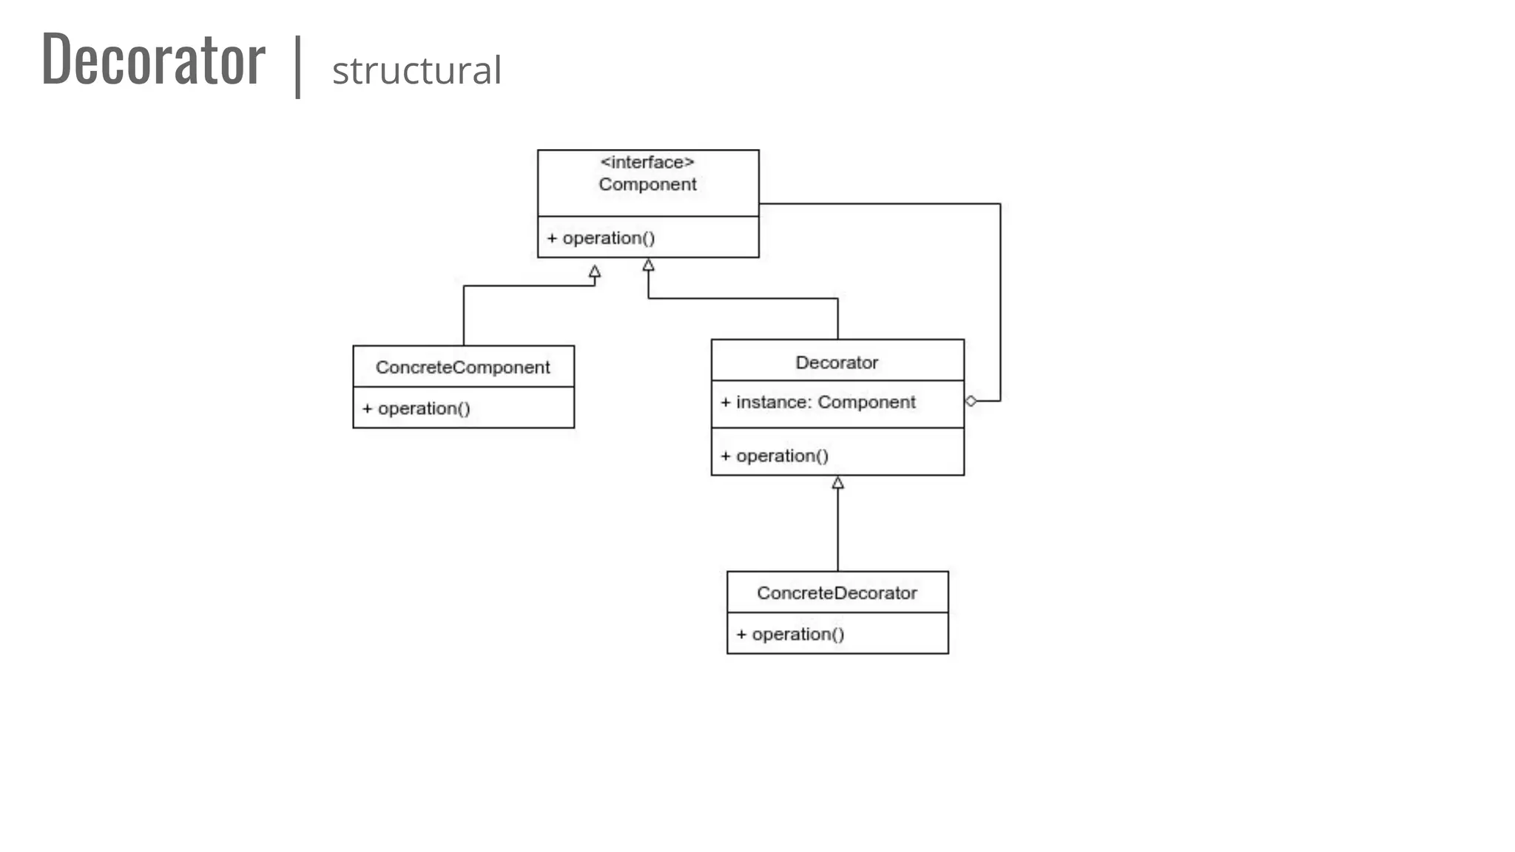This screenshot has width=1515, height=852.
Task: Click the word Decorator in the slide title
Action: coord(153,60)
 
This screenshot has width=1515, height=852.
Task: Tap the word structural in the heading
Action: coord(416,71)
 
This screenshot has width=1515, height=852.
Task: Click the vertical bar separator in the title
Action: coord(297,67)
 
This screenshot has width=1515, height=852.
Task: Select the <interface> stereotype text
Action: coord(647,162)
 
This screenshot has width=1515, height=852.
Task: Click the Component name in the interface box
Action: coord(647,184)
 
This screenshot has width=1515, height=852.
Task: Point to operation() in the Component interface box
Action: coord(608,238)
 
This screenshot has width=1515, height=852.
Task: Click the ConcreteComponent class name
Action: coord(462,368)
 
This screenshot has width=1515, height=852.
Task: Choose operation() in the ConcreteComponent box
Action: coord(423,408)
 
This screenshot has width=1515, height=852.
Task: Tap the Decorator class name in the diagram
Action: coord(837,362)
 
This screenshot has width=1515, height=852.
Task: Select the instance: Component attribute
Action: coord(825,402)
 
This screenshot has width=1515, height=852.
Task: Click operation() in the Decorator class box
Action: coord(782,456)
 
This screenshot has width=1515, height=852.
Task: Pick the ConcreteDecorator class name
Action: coord(837,593)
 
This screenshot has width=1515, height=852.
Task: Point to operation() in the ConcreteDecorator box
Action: coord(797,634)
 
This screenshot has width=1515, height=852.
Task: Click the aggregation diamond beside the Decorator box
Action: coord(971,401)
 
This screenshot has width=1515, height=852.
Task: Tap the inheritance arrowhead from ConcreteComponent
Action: coord(595,271)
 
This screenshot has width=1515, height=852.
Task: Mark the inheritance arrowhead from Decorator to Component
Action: coord(649,265)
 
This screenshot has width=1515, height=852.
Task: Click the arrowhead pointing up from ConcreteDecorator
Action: coord(837,483)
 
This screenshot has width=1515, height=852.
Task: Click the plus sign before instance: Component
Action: coord(726,402)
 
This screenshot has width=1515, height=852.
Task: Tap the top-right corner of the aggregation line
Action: coord(1000,204)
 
